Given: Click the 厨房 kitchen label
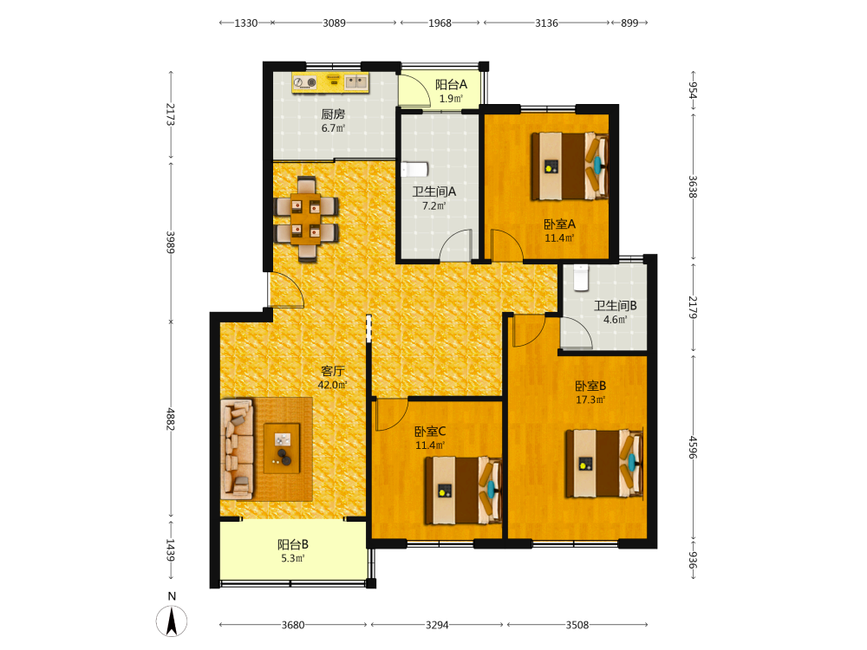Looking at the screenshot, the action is pos(333,121).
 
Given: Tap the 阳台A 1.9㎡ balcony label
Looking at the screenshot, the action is pos(451,91).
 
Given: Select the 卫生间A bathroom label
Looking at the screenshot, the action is pos(434,198).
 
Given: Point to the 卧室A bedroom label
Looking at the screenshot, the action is pos(559,231).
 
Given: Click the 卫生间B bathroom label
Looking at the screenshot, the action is pos(616,312).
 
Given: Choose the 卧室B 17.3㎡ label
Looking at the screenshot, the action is pos(590,393).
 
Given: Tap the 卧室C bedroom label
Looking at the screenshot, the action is pos(430,438).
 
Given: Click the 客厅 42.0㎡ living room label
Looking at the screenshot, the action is pos(333,378).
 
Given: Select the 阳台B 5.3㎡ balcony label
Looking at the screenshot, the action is pos(293,551).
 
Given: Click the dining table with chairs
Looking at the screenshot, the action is pos(306,218).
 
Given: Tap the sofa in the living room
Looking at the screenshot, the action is pos(238,448).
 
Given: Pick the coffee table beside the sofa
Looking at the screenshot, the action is pos(282,448).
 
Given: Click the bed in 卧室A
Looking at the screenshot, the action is pos(570,166).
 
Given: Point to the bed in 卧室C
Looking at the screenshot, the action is pos(463,491).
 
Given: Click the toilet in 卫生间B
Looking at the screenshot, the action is pos(581,277).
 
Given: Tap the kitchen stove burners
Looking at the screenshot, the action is pos(304,83).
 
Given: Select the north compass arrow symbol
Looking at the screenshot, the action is pos(172,621).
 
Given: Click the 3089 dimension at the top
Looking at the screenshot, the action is pos(334,23).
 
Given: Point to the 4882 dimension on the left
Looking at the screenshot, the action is pos(171,419).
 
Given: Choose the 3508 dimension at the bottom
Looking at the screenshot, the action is pos(577,625).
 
